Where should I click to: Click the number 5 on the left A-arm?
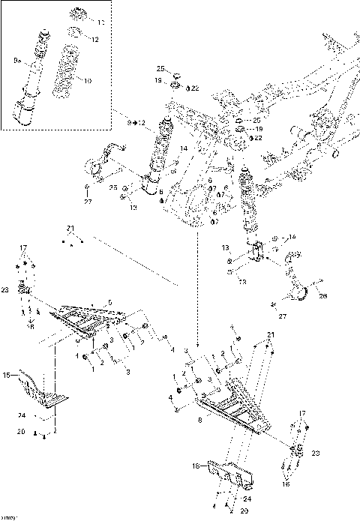click(x=109, y=301)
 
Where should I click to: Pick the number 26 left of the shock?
click(x=112, y=188)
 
